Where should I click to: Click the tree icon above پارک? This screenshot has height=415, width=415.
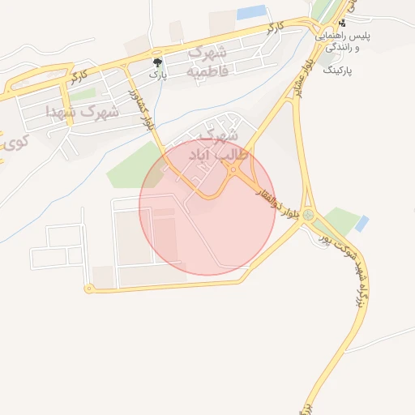[157, 62]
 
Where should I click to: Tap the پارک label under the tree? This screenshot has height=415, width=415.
[157, 74]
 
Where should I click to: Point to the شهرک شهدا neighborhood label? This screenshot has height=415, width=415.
[83, 111]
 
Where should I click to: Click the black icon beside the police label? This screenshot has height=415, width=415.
[343, 23]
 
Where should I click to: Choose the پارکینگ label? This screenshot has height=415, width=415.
[340, 71]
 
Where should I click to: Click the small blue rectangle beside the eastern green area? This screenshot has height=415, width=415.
[362, 223]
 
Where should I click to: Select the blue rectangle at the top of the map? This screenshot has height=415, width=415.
[252, 13]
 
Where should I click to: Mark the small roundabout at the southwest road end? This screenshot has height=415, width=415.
[88, 289]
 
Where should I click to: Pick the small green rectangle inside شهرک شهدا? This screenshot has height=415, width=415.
[82, 95]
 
